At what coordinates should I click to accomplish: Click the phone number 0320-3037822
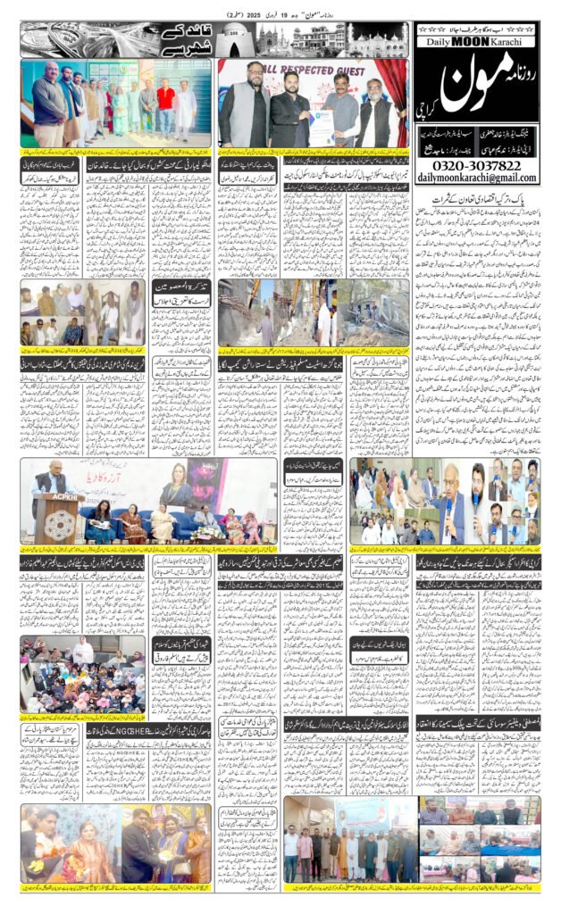tap(477, 165)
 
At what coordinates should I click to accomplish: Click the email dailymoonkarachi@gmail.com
tap(477, 179)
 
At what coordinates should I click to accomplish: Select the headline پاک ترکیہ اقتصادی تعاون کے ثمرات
tap(478, 205)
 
